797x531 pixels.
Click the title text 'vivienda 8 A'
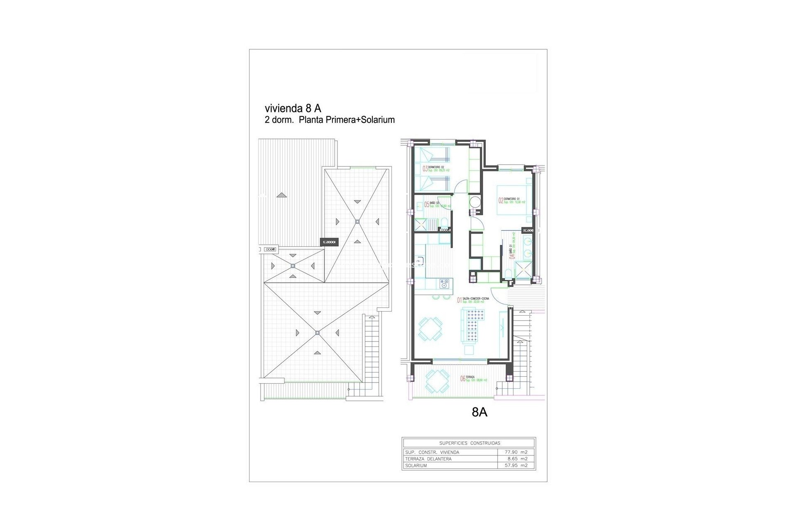coord(293,108)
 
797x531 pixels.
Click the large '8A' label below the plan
coord(479,412)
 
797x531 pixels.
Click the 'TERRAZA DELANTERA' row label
coord(428,459)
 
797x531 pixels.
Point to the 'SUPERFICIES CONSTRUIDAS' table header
coord(469,443)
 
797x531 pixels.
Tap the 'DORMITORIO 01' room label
coord(512,199)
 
